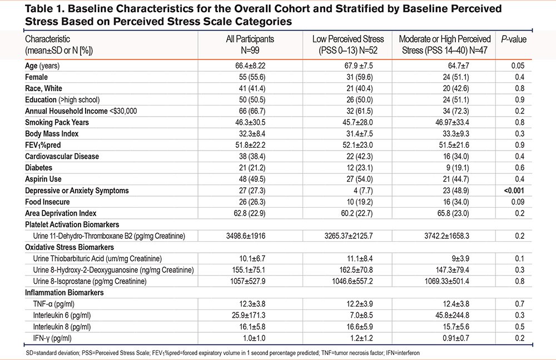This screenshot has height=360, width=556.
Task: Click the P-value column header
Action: [513, 39]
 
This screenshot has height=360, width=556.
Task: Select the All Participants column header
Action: [250, 44]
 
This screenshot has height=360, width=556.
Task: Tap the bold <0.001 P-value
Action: [514, 191]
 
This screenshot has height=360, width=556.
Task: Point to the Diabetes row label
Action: [39, 168]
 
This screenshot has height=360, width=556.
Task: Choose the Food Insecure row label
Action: [47, 202]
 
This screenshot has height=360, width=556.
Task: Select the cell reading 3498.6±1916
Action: [246, 236]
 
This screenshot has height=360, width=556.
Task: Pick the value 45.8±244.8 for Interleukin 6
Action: [452, 316]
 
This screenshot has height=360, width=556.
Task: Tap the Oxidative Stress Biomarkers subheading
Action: [69, 247]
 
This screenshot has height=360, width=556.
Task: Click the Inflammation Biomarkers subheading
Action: [64, 293]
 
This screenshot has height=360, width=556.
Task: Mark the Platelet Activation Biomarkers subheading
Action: [72, 224]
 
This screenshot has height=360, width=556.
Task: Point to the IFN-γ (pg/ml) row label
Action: [52, 338]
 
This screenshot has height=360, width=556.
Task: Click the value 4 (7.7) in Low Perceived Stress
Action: [363, 191]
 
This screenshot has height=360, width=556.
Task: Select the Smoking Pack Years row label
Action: [57, 123]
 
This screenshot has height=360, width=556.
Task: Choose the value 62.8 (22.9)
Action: [250, 213]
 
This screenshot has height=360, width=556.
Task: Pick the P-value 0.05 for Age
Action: [518, 66]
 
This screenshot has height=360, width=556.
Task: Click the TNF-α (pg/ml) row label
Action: [53, 304]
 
